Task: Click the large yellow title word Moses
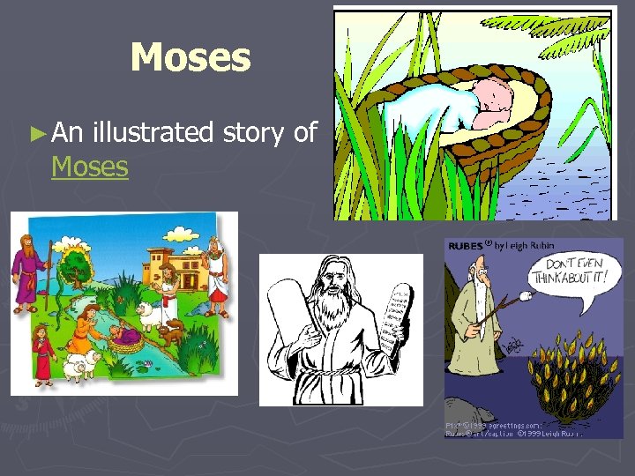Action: [x=190, y=58]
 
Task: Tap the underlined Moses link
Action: [x=90, y=166]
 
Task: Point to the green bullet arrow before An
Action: [x=36, y=133]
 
